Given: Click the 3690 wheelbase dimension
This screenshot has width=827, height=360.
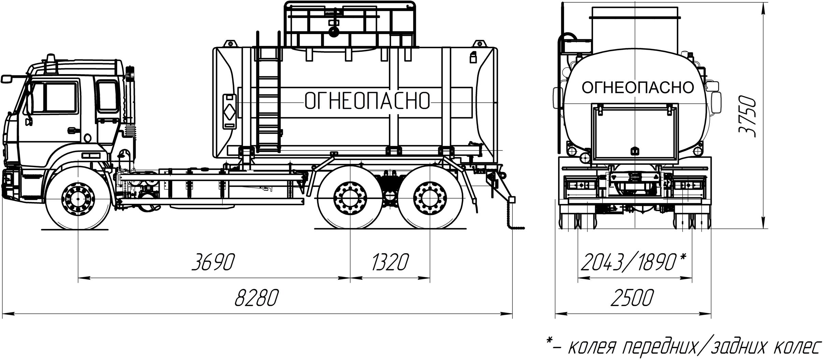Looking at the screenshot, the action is [x=213, y=262].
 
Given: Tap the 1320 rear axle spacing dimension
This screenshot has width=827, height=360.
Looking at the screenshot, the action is [x=390, y=262].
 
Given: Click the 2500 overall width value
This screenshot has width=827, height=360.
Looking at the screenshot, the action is [x=632, y=298].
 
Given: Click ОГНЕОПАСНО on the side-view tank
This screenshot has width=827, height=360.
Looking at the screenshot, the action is [x=367, y=100].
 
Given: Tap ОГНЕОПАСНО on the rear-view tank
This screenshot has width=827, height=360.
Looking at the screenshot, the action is [x=638, y=87].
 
